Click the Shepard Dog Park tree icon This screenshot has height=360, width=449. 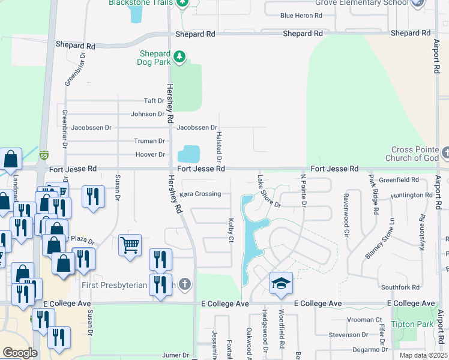tap(179, 57)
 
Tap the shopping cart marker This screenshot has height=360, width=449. tap(130, 246)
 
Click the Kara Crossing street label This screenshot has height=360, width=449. tap(200, 194)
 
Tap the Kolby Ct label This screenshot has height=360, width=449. tap(231, 230)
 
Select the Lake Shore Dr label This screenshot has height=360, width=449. tap(268, 191)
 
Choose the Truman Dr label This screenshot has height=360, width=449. tap(149, 141)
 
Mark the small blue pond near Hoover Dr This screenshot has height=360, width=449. tap(189, 154)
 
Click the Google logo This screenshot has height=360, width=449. tap(20, 353)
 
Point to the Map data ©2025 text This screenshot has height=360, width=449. tap(423, 355)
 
